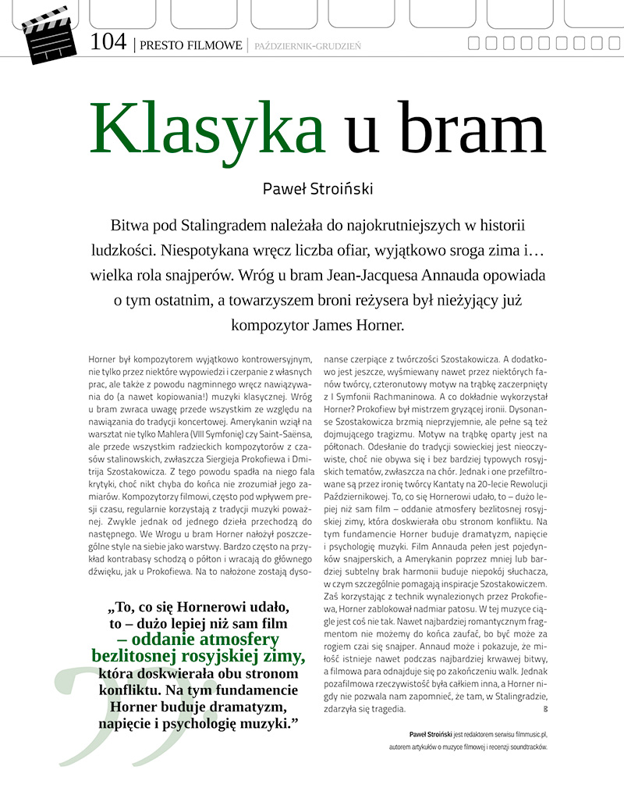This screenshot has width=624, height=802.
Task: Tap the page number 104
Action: [x=108, y=42]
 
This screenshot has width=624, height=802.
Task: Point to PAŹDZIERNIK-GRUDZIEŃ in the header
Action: [x=307, y=46]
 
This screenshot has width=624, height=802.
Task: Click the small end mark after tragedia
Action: [x=544, y=709]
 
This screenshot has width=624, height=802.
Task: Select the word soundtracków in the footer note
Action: [x=524, y=747]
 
